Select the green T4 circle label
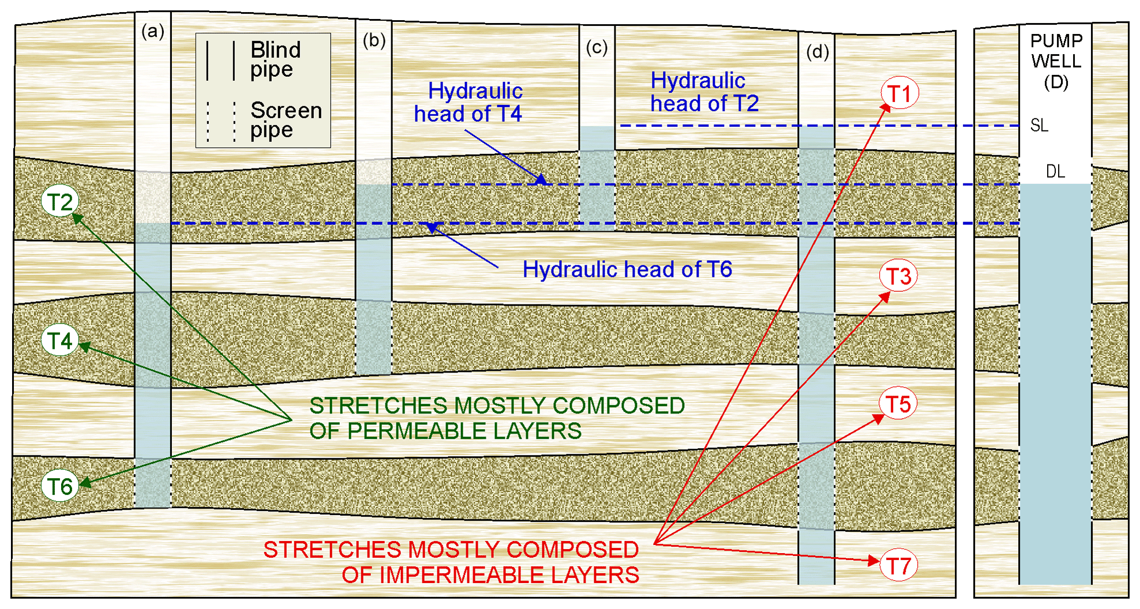(x=60, y=340)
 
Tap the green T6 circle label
(x=60, y=486)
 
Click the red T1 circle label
(x=899, y=93)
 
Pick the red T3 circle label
(x=898, y=276)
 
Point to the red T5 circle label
(x=898, y=404)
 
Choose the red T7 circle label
(x=898, y=566)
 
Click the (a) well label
(x=153, y=31)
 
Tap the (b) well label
(x=374, y=40)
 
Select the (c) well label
(x=597, y=47)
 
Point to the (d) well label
(x=817, y=52)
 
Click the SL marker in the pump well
(x=1039, y=125)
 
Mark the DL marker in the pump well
(x=1055, y=171)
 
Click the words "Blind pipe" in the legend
(x=275, y=59)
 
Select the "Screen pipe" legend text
(x=286, y=119)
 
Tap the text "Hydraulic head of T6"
(x=627, y=269)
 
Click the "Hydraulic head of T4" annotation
(x=468, y=102)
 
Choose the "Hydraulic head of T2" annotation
(x=704, y=92)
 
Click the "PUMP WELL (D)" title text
(x=1056, y=61)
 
